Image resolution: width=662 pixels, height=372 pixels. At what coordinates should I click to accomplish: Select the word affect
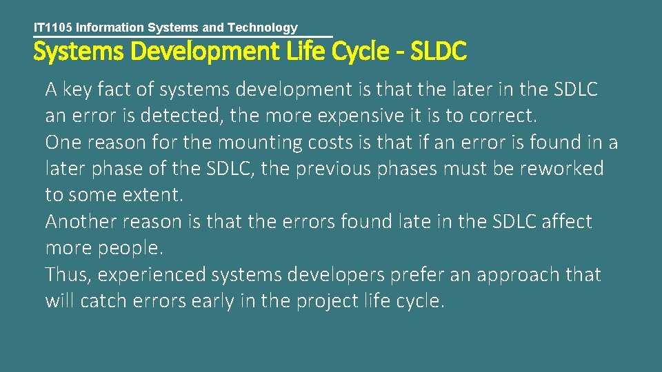tap(567, 222)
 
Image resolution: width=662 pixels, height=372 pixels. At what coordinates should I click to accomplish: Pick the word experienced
tap(152, 275)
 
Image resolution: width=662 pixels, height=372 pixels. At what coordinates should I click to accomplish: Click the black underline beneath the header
tap(183, 37)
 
